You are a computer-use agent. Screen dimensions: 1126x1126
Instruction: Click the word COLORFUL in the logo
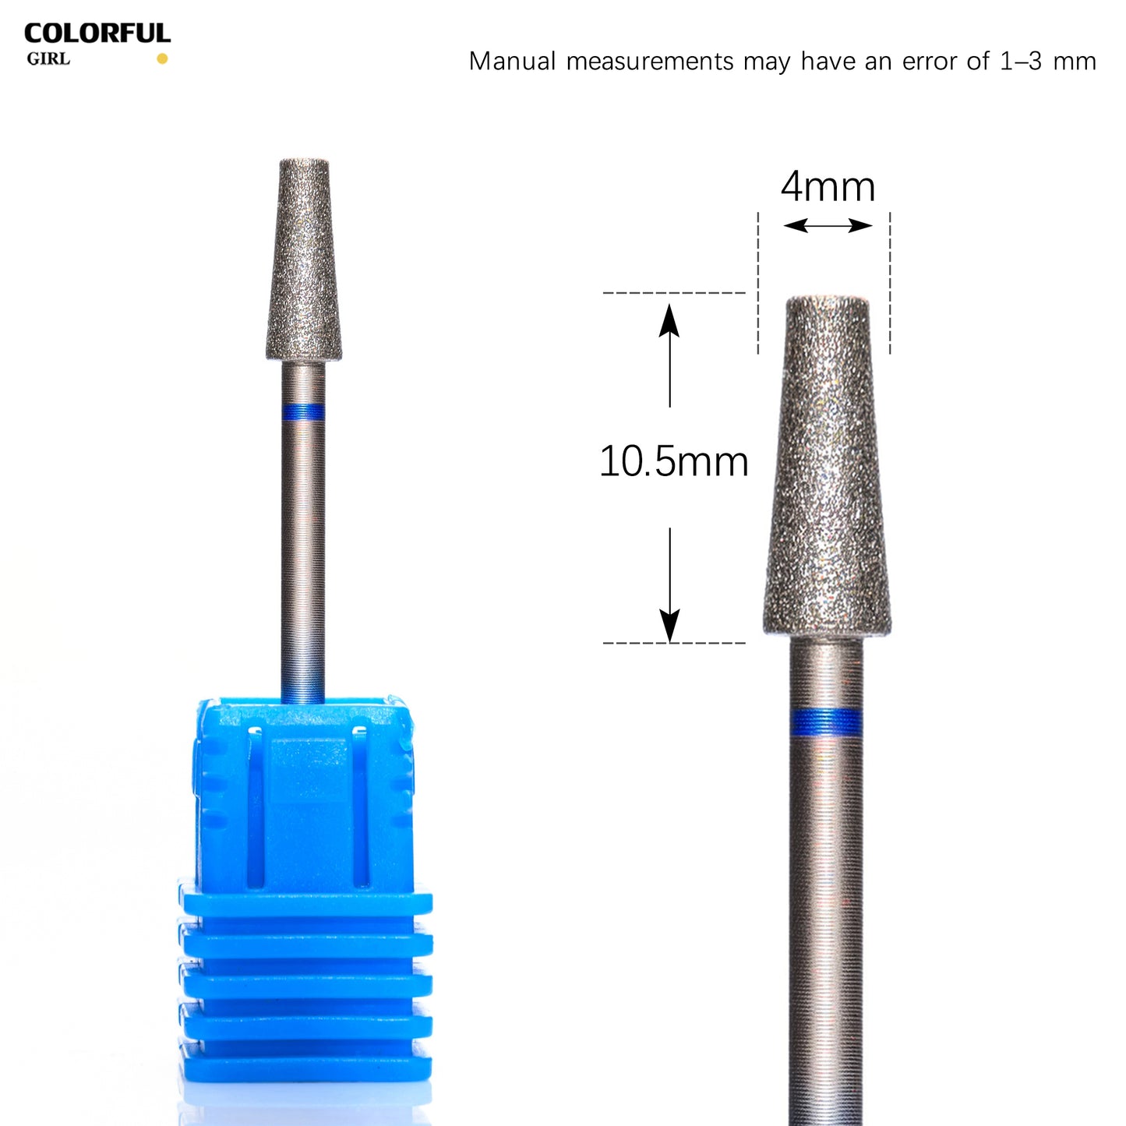(97, 34)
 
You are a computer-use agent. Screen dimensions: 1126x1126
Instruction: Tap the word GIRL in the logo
(48, 59)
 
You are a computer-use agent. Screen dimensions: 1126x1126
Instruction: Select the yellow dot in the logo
(162, 58)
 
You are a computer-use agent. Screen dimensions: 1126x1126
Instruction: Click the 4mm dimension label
(828, 187)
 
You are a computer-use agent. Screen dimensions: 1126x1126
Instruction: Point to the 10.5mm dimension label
(674, 462)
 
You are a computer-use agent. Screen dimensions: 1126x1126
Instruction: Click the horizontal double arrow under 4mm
(828, 225)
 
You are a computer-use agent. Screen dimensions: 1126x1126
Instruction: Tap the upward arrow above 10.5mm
(669, 355)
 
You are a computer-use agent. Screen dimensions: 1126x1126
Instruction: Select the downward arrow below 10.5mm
(669, 585)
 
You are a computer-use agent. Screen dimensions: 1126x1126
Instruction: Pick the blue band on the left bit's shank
(303, 412)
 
